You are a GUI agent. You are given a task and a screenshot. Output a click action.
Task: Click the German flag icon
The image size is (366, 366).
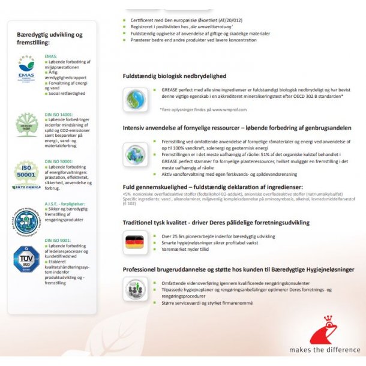pos(134,242)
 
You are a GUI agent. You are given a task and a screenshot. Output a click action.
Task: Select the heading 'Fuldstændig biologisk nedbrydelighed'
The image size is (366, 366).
pos(175,76)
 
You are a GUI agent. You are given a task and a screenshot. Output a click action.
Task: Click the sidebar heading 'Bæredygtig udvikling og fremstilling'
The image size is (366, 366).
pos(50,38)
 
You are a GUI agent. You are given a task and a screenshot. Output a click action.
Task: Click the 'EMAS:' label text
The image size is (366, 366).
pos(52,56)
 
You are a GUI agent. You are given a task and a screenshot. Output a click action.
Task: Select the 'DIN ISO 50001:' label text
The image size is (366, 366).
pos(59,162)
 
